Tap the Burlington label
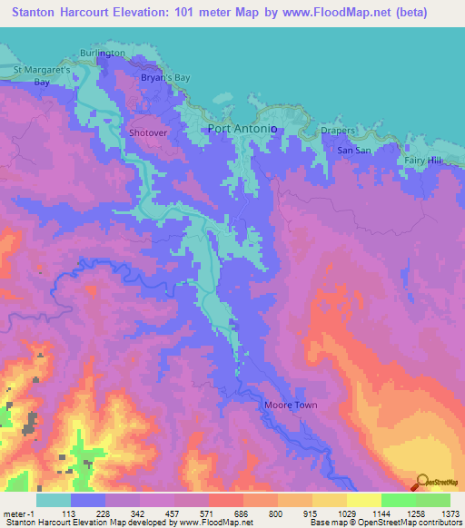pos(102,54)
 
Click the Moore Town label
pos(290,405)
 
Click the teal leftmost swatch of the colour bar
pos(53,500)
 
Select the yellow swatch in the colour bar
pos(363,500)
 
